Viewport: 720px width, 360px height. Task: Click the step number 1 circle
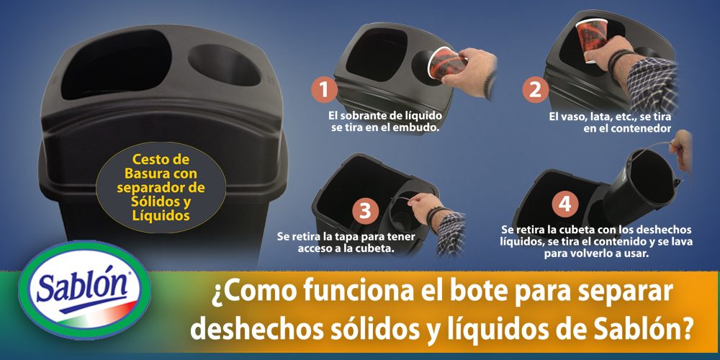coord(325,91)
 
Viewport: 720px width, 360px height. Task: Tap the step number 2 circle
coord(535,90)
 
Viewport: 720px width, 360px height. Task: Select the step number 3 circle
coord(365,210)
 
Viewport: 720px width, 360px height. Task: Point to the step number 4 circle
coord(565,204)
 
